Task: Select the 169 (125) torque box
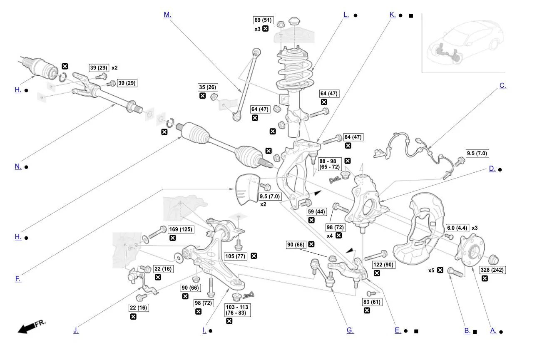pos(180,229)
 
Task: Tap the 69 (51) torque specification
pos(263,20)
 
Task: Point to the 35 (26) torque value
pos(207,87)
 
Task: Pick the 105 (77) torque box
pos(234,256)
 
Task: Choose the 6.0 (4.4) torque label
pos(457,228)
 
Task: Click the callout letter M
pos(167,15)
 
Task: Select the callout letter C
pos(502,86)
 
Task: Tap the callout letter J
pos(76,330)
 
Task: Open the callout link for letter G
pos(350,330)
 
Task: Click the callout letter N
pos(18,166)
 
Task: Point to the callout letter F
pos(18,279)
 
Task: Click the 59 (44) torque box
pos(316,211)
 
